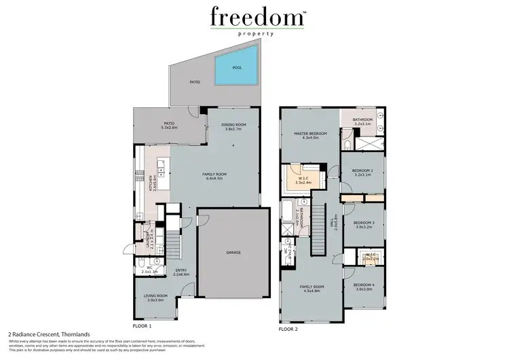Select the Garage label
(233, 252)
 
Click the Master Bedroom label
(311, 134)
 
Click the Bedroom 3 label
(364, 223)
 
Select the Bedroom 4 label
(364, 285)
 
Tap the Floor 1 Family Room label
(214, 175)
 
